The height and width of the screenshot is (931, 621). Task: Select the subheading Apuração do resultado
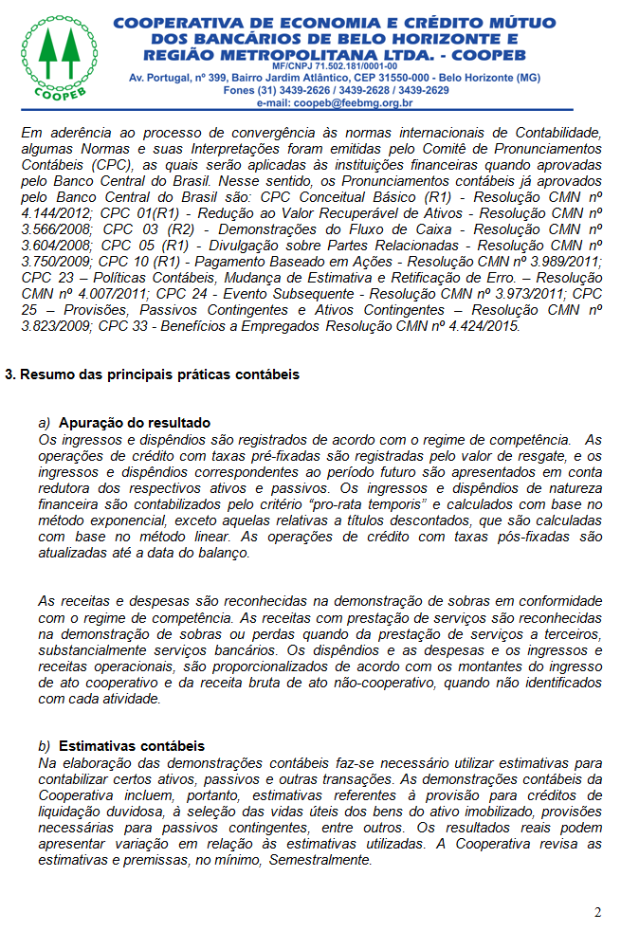(135, 423)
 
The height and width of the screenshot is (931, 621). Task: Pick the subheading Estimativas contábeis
(132, 746)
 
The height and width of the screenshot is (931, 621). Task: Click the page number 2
(597, 912)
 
